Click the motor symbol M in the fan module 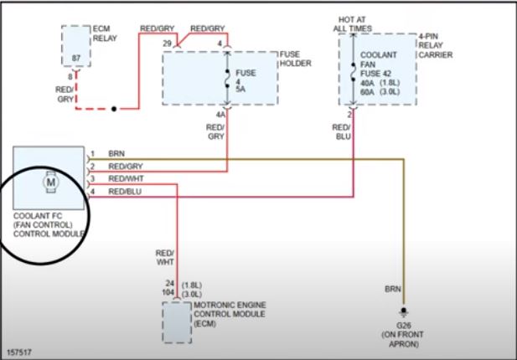pos(50,180)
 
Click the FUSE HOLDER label pos(295,60)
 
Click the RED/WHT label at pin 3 pos(125,179)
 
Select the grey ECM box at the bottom pos(176,321)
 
